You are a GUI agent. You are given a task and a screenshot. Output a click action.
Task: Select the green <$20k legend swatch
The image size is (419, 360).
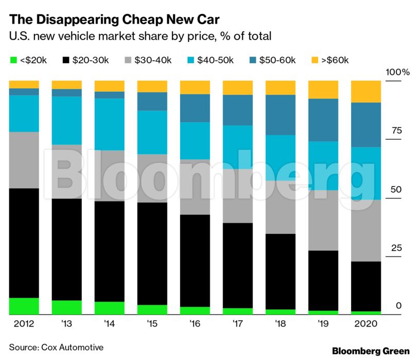point(13,61)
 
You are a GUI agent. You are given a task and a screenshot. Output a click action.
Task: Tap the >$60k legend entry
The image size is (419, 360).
point(334,61)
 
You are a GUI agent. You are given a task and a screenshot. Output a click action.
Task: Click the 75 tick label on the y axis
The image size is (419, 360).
point(396,131)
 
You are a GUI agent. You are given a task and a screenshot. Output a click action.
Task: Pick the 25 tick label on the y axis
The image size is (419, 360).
point(396,248)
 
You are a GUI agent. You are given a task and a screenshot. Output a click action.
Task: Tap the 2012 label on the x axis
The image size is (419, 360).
point(24,325)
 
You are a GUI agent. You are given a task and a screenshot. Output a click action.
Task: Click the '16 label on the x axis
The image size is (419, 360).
point(195,325)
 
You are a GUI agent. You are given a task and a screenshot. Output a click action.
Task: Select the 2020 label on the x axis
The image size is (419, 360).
point(366,325)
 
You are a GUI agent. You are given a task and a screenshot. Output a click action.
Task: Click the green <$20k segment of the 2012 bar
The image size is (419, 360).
point(24,306)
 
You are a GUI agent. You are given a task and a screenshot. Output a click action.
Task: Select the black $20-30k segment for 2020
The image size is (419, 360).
point(366,286)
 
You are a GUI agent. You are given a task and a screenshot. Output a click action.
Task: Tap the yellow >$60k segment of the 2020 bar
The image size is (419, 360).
point(366,92)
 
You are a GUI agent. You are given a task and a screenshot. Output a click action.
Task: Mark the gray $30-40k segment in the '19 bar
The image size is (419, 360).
point(323,220)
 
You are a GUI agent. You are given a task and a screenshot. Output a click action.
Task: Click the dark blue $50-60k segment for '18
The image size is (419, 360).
point(281,115)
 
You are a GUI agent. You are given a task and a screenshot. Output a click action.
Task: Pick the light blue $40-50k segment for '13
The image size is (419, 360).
point(67,120)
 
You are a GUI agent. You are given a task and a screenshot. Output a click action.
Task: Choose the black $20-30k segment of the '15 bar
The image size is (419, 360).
point(152,253)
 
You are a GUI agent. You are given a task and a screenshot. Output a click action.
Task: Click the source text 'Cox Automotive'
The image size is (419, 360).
point(72,347)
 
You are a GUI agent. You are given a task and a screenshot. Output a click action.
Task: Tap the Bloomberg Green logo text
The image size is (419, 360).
point(371,351)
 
